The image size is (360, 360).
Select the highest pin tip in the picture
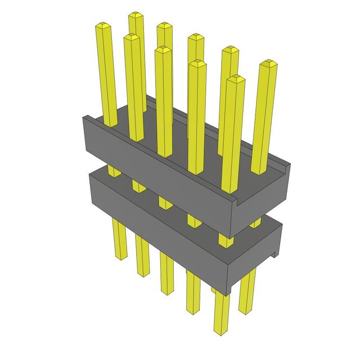click(135, 15)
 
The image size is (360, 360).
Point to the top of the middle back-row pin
click(196, 37)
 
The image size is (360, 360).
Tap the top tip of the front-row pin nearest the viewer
click(236, 79)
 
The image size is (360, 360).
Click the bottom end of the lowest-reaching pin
click(221, 332)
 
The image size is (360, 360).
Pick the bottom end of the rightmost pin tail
click(246, 310)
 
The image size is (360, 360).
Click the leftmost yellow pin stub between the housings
click(113, 171)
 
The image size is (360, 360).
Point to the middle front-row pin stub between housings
click(165, 201)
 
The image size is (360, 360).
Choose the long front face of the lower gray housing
click(157, 236)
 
